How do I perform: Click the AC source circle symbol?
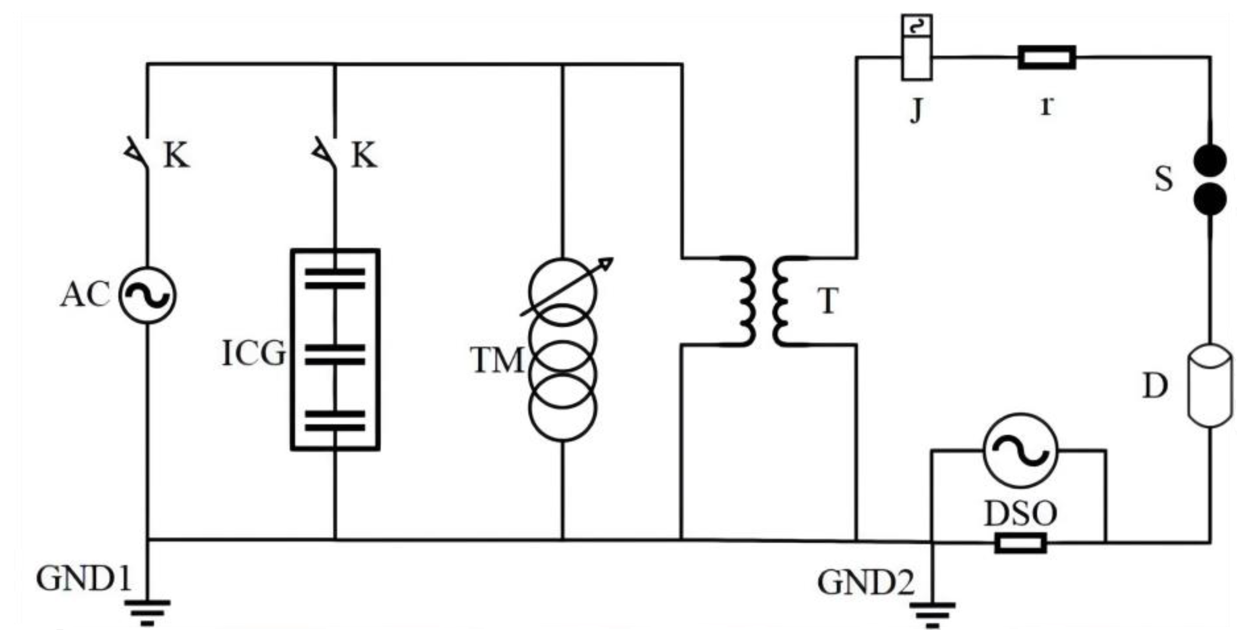pos(147,295)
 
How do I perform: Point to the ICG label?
pos(254,354)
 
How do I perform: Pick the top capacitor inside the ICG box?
pos(335,279)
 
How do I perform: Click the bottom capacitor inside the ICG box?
pos(335,421)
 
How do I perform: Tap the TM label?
pos(497,361)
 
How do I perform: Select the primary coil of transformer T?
pos(746,301)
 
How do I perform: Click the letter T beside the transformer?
pos(828,301)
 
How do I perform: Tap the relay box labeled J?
pos(916,47)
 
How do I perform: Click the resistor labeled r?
pos(1047,57)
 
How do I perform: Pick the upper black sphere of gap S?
pos(1210,161)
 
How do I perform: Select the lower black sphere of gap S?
pos(1210,199)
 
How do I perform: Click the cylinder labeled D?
pos(1210,386)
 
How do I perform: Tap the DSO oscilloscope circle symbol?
pos(1020,450)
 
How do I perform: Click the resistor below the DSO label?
pos(1020,543)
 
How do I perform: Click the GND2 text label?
pos(865,582)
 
